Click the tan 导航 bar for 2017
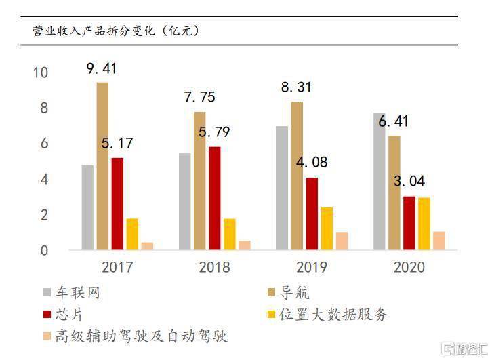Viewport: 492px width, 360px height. click(102, 166)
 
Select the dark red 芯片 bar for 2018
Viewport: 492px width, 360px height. click(214, 198)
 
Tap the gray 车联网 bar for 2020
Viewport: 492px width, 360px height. click(379, 182)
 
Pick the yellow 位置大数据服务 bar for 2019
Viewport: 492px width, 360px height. click(327, 228)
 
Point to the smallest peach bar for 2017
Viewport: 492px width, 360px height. click(147, 246)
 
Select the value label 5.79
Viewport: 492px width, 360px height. click(213, 132)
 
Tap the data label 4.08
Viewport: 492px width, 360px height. click(311, 163)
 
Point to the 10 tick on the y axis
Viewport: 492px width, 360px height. click(41, 73)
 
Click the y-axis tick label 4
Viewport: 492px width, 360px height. click(45, 180)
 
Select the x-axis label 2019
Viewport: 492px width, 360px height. click(310, 267)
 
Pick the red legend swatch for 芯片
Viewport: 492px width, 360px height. click(46, 315)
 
